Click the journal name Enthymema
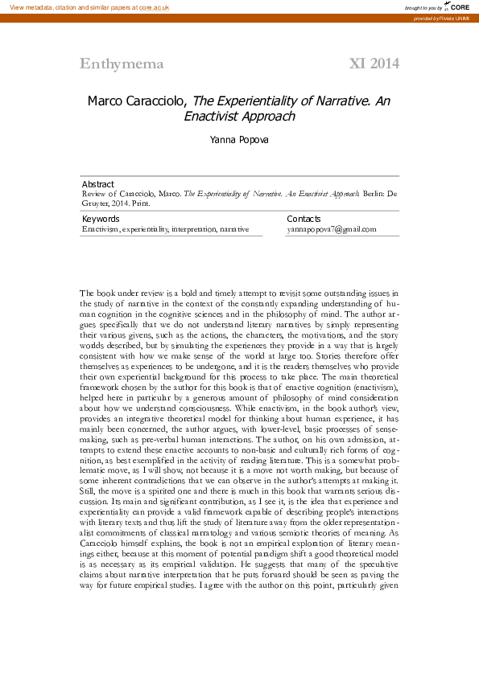[x=122, y=64]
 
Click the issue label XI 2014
[x=374, y=64]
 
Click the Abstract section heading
[x=98, y=184]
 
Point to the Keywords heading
[x=101, y=219]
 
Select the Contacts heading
[x=304, y=219]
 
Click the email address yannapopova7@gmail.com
[x=332, y=229]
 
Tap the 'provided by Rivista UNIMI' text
[x=441, y=18]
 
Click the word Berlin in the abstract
[x=372, y=194]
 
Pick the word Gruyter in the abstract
[x=97, y=203]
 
